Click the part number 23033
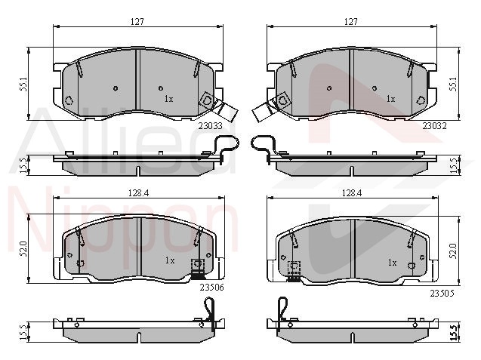[x=210, y=126]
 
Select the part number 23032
[x=434, y=126]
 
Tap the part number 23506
[x=211, y=288]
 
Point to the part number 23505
[x=442, y=294]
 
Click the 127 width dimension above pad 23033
[x=137, y=22]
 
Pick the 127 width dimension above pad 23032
[x=351, y=22]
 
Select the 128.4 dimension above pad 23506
[x=138, y=193]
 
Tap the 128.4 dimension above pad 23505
[x=352, y=193]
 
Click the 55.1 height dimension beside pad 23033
[x=23, y=84]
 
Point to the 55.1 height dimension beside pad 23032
[x=453, y=84]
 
